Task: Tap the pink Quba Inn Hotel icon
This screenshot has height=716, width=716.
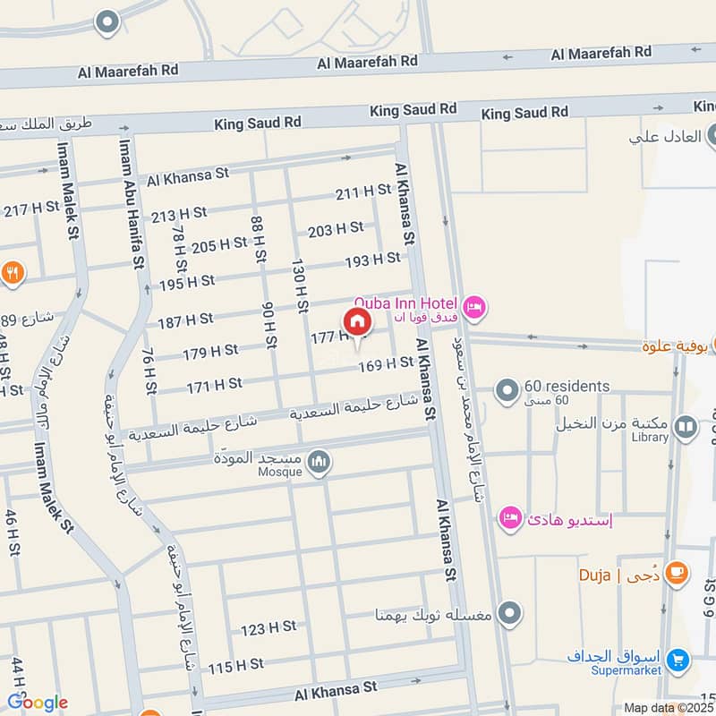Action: pos(475,306)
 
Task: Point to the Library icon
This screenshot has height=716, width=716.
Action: pos(686,428)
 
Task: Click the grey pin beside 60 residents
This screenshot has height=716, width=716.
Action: pos(507,391)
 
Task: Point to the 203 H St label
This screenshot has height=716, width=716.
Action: pos(336,229)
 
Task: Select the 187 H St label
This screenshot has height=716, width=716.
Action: pos(185,319)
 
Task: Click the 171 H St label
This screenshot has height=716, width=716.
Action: pos(215,384)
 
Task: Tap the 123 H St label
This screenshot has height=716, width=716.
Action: pos(268,627)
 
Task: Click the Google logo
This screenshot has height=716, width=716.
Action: pos(38,703)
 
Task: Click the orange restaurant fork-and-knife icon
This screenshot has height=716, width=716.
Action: pos(13,274)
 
